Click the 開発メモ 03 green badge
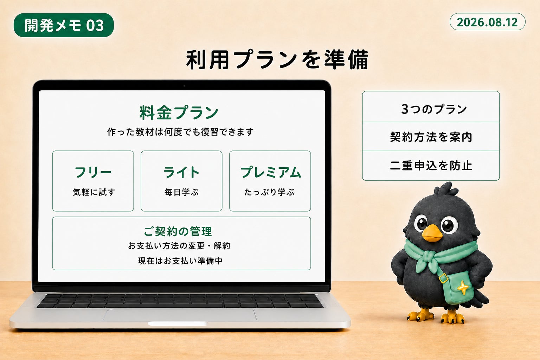pyautogui.click(x=64, y=25)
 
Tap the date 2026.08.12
pyautogui.click(x=487, y=22)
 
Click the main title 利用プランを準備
pyautogui.click(x=277, y=59)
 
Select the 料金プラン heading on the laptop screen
pyautogui.click(x=179, y=112)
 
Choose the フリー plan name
pyautogui.click(x=93, y=172)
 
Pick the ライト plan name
pyautogui.click(x=181, y=172)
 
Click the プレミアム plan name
pyautogui.click(x=270, y=172)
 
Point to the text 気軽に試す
pyautogui.click(x=94, y=192)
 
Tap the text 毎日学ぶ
pyautogui.click(x=181, y=192)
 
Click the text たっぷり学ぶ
pyautogui.click(x=269, y=192)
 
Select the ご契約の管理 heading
pyautogui.click(x=178, y=231)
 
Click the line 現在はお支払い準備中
pyautogui.click(x=180, y=261)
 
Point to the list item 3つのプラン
pyautogui.click(x=434, y=109)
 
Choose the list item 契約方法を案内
pyautogui.click(x=431, y=137)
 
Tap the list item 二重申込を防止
pyautogui.click(x=431, y=166)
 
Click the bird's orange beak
pyautogui.click(x=432, y=233)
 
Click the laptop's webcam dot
pyautogui.click(x=184, y=86)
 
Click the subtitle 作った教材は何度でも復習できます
pyautogui.click(x=180, y=132)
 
